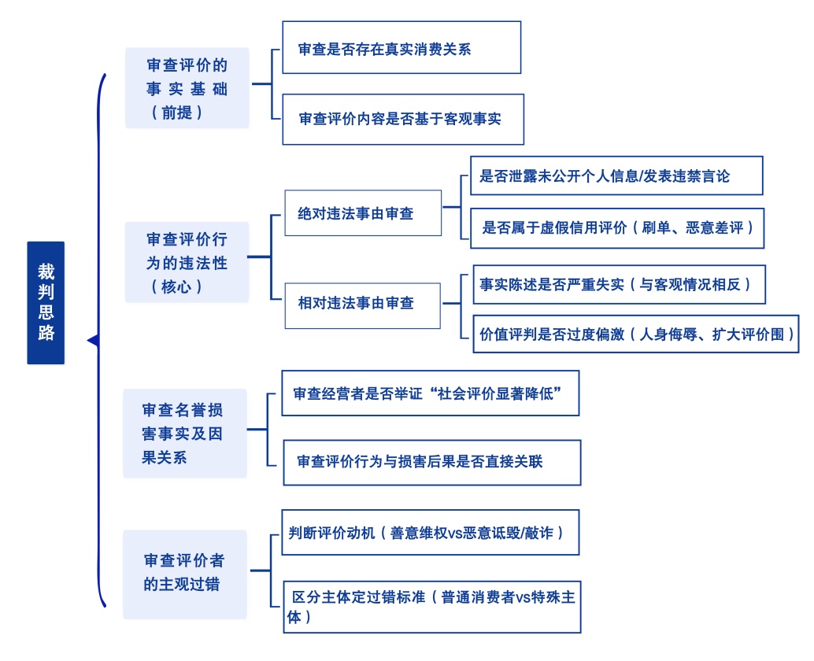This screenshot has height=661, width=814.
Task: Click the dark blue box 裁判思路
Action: [x=46, y=302]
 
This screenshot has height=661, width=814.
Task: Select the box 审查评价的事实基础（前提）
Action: [x=187, y=87]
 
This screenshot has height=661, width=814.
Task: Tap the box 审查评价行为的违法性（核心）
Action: [x=187, y=262]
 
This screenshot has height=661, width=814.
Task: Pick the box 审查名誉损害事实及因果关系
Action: [x=184, y=433]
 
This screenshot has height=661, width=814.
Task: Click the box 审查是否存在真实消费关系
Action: [x=401, y=47]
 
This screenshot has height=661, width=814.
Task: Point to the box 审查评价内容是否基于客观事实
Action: [x=402, y=120]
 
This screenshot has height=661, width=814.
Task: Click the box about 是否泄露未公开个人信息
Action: [x=616, y=175]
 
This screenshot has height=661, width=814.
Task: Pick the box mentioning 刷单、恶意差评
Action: [x=617, y=228]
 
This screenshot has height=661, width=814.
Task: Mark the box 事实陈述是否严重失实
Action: [x=618, y=284]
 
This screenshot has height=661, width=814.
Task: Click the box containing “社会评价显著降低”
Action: [x=430, y=393]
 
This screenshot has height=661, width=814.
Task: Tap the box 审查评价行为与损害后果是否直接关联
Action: [x=431, y=462]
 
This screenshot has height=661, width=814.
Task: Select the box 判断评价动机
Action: [x=430, y=532]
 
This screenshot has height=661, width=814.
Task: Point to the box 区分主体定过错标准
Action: [x=435, y=607]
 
